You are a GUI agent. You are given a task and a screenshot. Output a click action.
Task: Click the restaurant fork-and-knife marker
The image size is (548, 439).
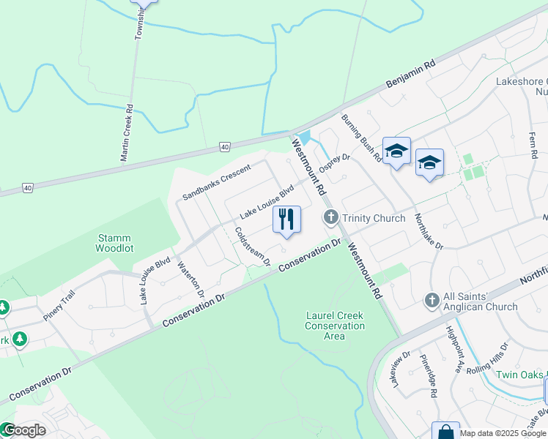(286, 219)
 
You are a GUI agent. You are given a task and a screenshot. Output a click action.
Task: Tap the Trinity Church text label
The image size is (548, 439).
(373, 218)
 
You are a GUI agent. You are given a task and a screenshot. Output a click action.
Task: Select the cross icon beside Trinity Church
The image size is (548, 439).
(331, 217)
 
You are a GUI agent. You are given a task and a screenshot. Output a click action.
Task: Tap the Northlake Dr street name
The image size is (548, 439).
(429, 231)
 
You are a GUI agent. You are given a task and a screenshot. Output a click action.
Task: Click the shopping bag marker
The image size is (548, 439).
(445, 432)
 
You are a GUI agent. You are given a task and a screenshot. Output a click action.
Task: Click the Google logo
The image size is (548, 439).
(24, 430)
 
